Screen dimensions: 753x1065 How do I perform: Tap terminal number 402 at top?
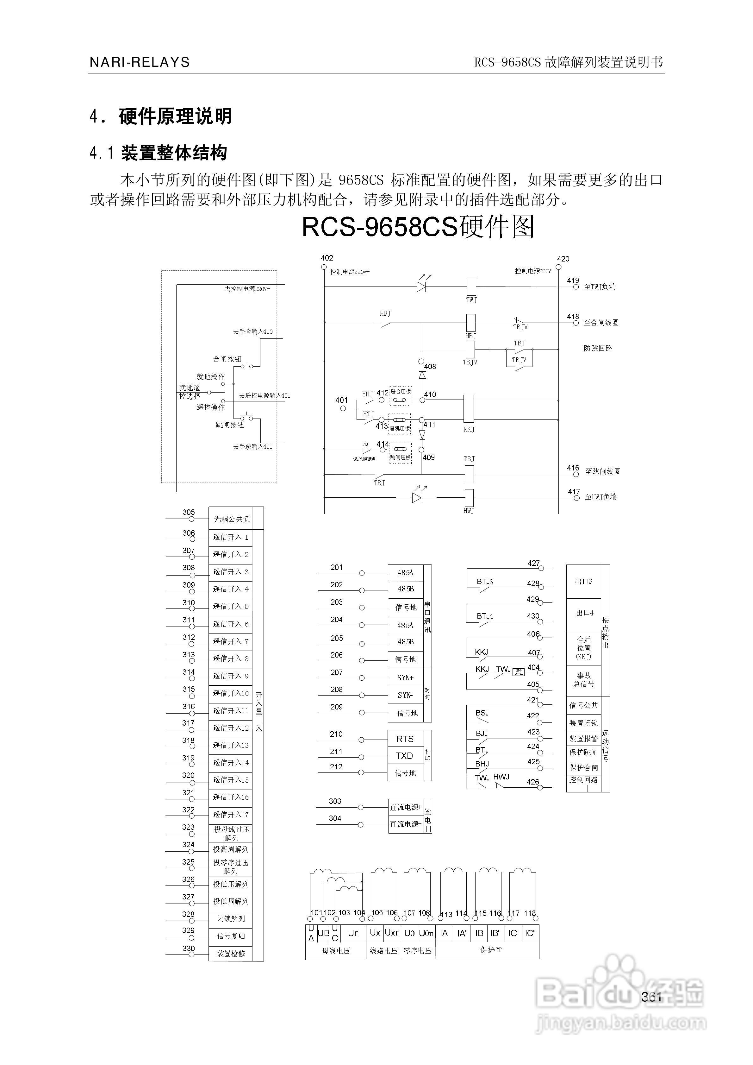327,258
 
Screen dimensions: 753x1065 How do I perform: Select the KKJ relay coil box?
468,408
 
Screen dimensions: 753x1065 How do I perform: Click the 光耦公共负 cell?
231,519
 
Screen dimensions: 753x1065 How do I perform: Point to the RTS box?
405,739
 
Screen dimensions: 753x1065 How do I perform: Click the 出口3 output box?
584,581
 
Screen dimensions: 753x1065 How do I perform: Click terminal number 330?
188,948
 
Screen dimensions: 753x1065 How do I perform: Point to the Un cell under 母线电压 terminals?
353,933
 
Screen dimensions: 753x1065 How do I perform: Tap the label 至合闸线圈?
601,322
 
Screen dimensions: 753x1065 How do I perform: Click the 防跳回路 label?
598,348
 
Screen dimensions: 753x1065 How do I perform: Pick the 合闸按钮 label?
227,359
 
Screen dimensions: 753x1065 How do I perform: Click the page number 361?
651,997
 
